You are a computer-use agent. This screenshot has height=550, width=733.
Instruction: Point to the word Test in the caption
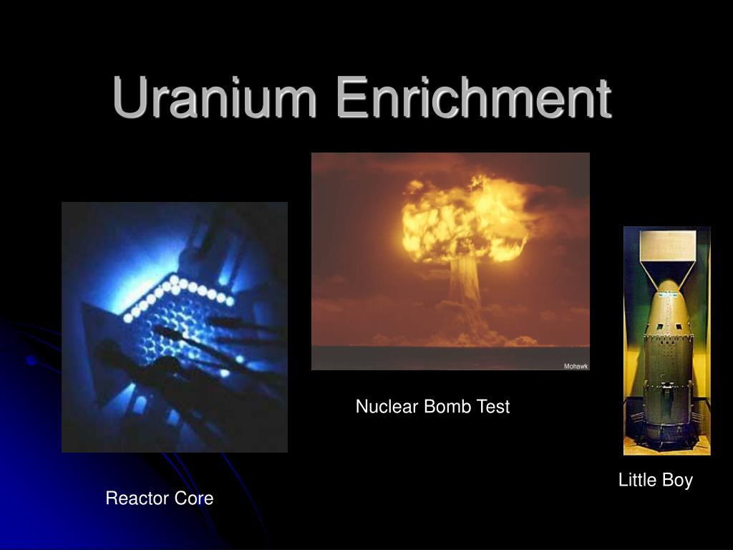[x=493, y=407]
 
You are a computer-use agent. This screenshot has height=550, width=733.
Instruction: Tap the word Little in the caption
[x=637, y=480]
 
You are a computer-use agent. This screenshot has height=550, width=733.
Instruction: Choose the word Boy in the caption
[x=677, y=480]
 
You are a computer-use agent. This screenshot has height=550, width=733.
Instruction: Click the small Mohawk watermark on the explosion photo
[x=576, y=366]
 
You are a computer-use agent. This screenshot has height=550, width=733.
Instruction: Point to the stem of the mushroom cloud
[x=465, y=294]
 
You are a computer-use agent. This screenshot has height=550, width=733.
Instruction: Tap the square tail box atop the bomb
[x=667, y=245]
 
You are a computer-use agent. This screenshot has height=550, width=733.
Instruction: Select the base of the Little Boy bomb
[x=667, y=437]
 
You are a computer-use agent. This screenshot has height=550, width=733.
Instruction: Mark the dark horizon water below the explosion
[x=450, y=357]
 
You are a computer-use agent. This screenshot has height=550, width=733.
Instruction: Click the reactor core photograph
[x=175, y=327]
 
